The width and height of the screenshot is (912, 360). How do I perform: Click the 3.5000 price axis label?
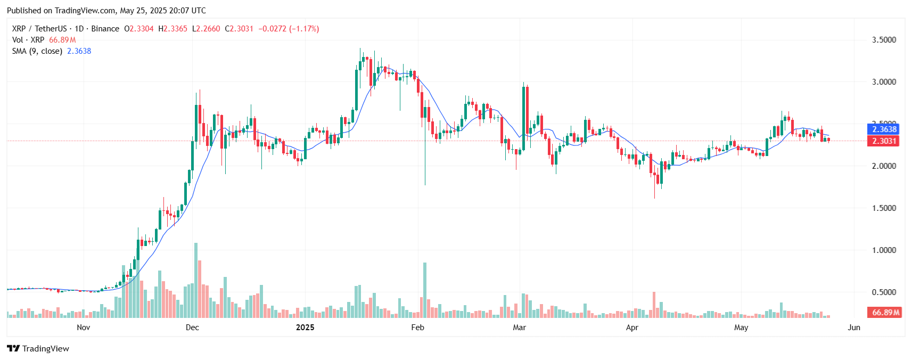[x=884, y=40]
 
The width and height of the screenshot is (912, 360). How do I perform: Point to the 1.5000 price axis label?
[x=884, y=208]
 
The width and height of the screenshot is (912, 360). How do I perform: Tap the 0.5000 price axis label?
[x=884, y=292]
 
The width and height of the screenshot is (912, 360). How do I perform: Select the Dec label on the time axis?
[x=192, y=328]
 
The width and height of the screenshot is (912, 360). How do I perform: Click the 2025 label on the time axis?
[x=305, y=328]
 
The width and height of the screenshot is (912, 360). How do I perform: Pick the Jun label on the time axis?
[x=854, y=328]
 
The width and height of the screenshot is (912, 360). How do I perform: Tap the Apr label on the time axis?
[x=632, y=328]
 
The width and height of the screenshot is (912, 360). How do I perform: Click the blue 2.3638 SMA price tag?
[x=884, y=129]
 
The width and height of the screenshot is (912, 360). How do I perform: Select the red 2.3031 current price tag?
[x=884, y=141]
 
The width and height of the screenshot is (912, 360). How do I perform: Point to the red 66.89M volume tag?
[x=885, y=313]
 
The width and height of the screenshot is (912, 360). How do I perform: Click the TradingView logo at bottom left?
[x=38, y=349]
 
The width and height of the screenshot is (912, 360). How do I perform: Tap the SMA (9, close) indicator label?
[x=37, y=51]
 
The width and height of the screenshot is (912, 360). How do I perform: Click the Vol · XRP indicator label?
[x=28, y=40]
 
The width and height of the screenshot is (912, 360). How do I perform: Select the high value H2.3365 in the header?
[x=173, y=29]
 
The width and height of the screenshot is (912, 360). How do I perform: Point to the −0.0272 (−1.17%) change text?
[x=289, y=29]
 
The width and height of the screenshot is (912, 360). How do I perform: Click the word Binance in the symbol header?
[x=105, y=29]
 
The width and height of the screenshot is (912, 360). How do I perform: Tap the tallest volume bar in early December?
[x=196, y=280]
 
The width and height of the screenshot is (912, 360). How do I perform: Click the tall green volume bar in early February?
[x=425, y=290]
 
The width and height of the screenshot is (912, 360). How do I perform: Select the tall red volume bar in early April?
[x=654, y=305]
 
